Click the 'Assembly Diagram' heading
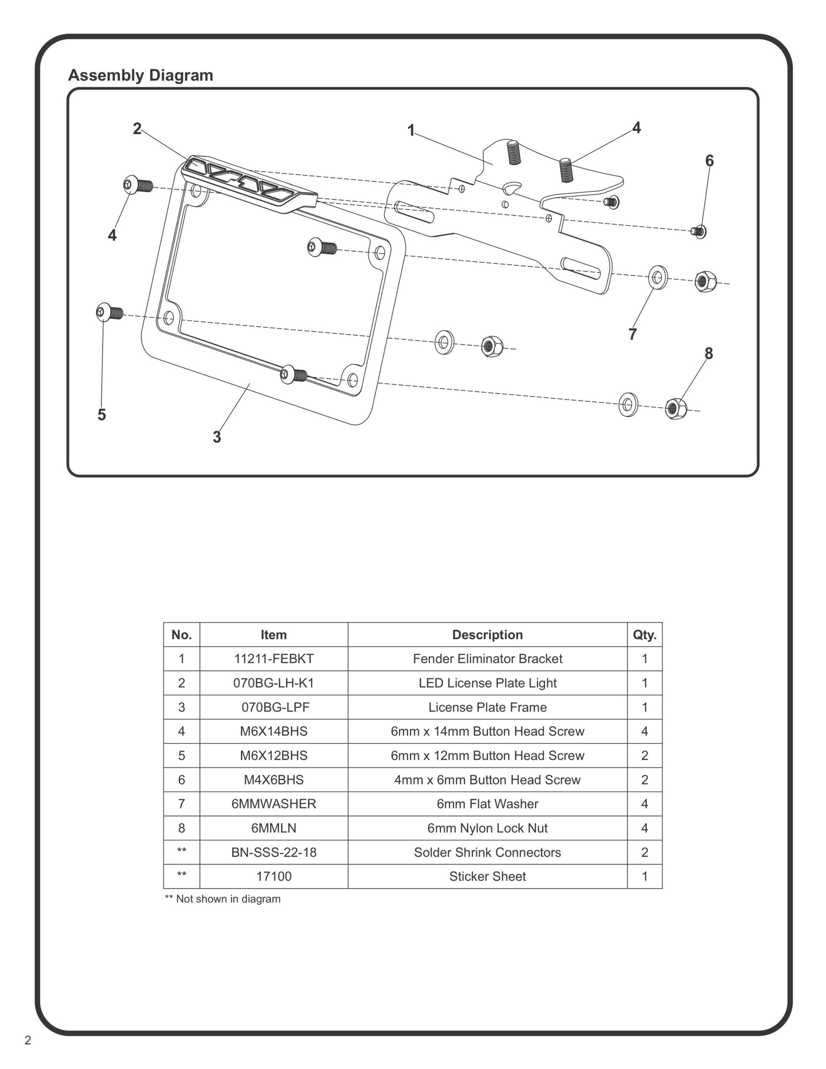(x=141, y=76)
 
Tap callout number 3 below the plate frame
(x=217, y=437)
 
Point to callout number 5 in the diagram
(x=101, y=415)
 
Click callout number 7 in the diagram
(x=633, y=334)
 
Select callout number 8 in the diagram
(x=709, y=353)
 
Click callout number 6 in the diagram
(x=709, y=160)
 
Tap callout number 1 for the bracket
(x=411, y=130)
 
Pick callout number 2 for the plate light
(x=137, y=129)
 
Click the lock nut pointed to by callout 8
(x=676, y=408)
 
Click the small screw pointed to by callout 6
(x=699, y=231)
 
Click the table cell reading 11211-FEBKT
(x=274, y=659)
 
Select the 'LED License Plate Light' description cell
(x=487, y=683)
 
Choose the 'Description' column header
(x=487, y=635)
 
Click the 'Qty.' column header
(x=644, y=635)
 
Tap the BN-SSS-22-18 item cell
(x=274, y=852)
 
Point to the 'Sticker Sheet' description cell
(x=487, y=876)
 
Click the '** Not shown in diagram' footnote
(x=223, y=899)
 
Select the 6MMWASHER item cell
(x=274, y=804)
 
